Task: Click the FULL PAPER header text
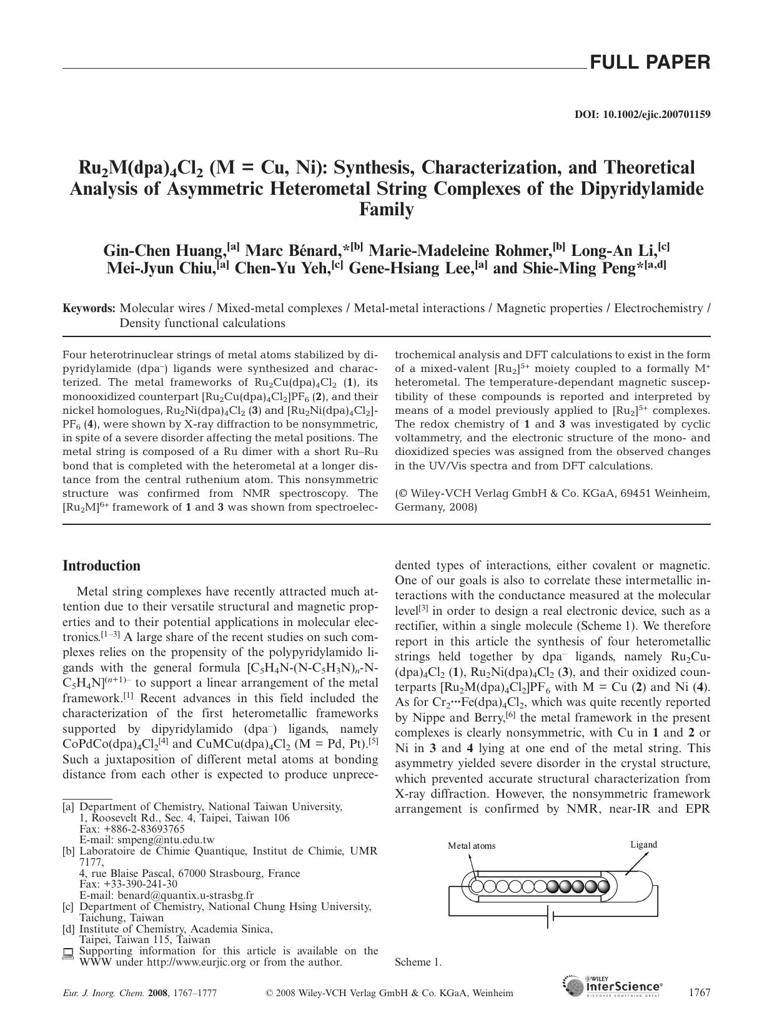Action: pyautogui.click(x=650, y=62)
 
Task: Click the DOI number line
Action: pyautogui.click(x=641, y=115)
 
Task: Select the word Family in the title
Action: pyautogui.click(x=386, y=210)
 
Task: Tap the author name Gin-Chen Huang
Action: pyautogui.click(x=164, y=250)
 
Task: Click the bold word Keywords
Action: pyautogui.click(x=89, y=308)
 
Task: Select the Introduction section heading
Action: pyautogui.click(x=101, y=565)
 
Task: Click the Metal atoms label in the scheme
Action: pyautogui.click(x=471, y=846)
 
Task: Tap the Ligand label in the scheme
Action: pyautogui.click(x=643, y=845)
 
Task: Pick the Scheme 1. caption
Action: pyautogui.click(x=418, y=962)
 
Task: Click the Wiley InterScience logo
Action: pyautogui.click(x=613, y=987)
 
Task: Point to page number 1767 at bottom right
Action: pyautogui.click(x=698, y=992)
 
